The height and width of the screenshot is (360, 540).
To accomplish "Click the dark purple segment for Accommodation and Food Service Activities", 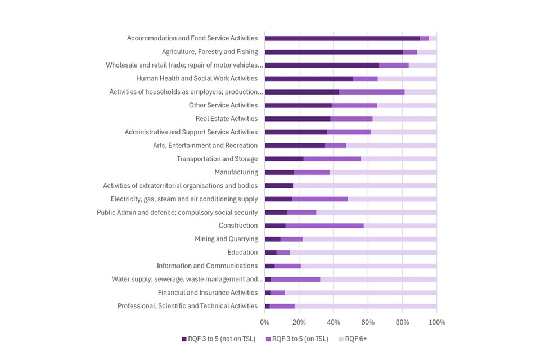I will click(342, 38).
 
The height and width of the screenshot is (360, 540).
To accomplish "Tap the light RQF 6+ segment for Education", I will click(363, 253).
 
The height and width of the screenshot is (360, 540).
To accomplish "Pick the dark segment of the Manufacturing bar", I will click(279, 172).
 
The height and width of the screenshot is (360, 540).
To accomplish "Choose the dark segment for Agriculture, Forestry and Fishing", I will click(334, 52).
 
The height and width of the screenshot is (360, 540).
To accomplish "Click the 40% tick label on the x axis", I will click(334, 322).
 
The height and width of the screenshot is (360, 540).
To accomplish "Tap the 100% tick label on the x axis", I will click(436, 322).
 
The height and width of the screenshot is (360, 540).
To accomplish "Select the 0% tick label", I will click(265, 322).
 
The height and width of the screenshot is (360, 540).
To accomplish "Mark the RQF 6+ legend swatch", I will click(340, 339).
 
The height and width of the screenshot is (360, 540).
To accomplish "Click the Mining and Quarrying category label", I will click(226, 239).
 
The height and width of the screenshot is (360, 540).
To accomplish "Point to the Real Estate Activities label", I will click(226, 119).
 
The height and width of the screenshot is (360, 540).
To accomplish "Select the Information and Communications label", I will click(207, 265).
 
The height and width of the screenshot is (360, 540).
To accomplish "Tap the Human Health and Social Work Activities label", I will click(197, 78).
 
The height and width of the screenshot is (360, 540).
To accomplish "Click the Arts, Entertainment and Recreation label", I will click(205, 145).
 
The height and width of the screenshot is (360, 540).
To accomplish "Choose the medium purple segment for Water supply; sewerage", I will click(295, 279).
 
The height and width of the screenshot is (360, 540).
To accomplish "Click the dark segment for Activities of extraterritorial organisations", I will click(279, 186).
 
